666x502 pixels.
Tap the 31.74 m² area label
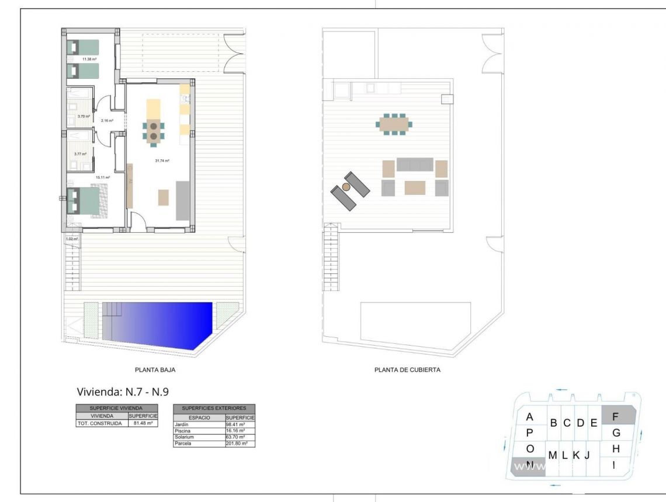click(162, 161)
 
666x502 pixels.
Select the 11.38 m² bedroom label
click(89, 59)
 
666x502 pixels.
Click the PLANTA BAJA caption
click(155, 369)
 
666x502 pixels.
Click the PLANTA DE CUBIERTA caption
click(407, 369)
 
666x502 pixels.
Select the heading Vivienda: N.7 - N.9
click(123, 392)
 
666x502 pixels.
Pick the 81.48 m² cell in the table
click(143, 423)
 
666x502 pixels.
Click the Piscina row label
click(183, 430)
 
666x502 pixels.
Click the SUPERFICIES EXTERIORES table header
click(214, 408)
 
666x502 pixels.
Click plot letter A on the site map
click(530, 417)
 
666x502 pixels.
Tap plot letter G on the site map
click(616, 433)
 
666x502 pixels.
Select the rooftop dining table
click(395, 124)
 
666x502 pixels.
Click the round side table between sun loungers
click(346, 186)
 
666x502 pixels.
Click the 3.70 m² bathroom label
click(84, 117)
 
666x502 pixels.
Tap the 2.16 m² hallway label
click(106, 121)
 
